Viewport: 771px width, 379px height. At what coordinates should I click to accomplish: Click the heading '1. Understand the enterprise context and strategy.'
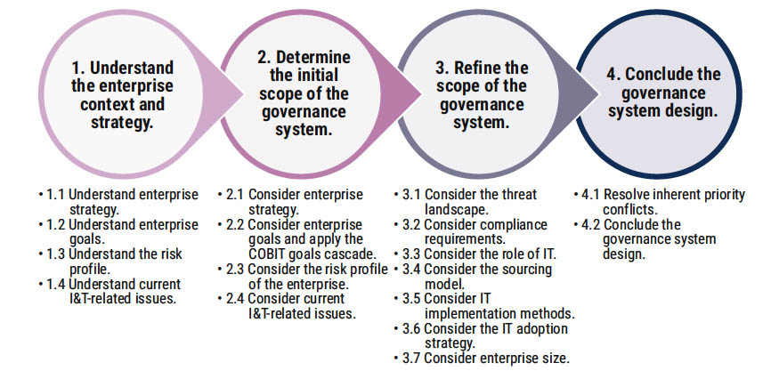pyautogui.click(x=123, y=95)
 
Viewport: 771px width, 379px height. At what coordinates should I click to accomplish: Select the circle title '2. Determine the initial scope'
pyautogui.click(x=304, y=85)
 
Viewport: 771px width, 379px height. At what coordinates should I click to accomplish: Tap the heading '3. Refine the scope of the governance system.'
pyautogui.click(x=482, y=95)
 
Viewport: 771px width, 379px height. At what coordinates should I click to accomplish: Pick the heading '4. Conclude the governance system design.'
pyautogui.click(x=662, y=93)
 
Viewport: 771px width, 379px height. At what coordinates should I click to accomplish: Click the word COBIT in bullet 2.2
pyautogui.click(x=267, y=254)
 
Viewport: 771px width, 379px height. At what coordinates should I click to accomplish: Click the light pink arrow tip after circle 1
pyautogui.click(x=242, y=93)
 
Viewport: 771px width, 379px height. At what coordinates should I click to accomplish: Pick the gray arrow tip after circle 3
pyautogui.click(x=597, y=93)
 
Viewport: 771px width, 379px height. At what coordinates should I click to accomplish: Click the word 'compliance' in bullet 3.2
pyautogui.click(x=515, y=225)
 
